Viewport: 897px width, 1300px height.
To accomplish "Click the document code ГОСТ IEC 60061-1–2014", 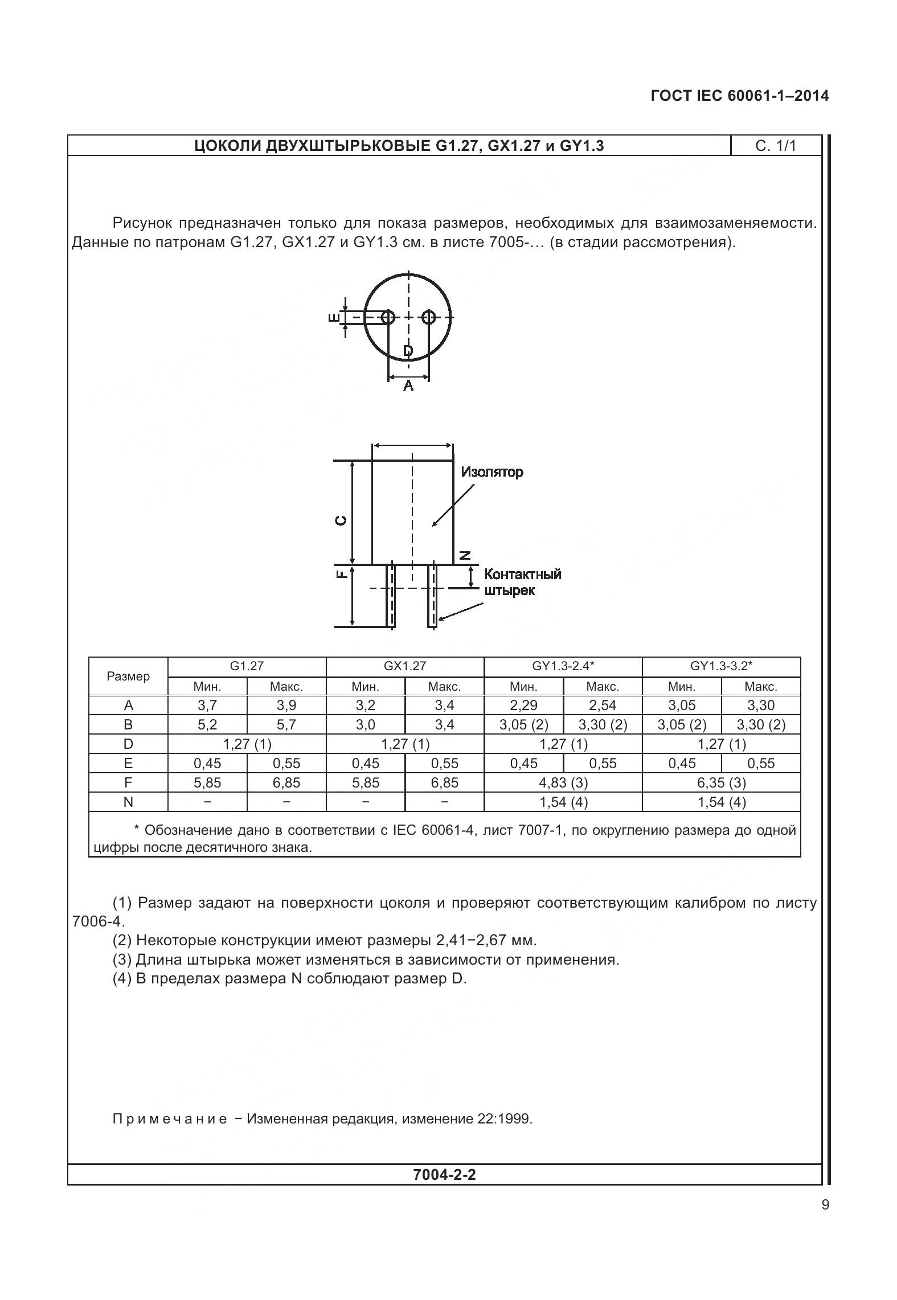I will point(739,96).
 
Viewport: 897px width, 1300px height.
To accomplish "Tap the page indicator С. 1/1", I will point(775,146).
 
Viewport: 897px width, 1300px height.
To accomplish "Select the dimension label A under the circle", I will point(408,386).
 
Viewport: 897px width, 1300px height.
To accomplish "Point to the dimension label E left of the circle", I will point(334,317).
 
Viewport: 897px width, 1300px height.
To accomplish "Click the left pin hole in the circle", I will point(388,317).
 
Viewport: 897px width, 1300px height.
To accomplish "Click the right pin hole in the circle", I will point(429,317).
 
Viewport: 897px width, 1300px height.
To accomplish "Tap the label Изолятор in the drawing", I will point(492,472).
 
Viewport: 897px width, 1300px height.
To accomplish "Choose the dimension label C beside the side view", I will point(340,520).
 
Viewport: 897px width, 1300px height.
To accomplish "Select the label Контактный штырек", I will point(522,582).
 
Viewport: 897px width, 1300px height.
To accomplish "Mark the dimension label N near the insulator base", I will point(465,555).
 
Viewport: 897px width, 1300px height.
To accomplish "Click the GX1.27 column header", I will point(404,666).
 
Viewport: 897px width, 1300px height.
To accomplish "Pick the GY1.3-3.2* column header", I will point(721,666).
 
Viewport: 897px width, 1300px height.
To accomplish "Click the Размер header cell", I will point(128,676).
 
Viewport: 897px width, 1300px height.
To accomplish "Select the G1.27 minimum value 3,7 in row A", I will point(207,706).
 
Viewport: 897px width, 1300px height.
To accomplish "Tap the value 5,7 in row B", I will point(286,725).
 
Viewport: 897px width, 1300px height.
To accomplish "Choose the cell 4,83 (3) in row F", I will point(563,783).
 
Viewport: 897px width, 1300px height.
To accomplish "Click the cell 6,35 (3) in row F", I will point(721,783).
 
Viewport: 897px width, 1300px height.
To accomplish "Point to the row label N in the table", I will point(128,802).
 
